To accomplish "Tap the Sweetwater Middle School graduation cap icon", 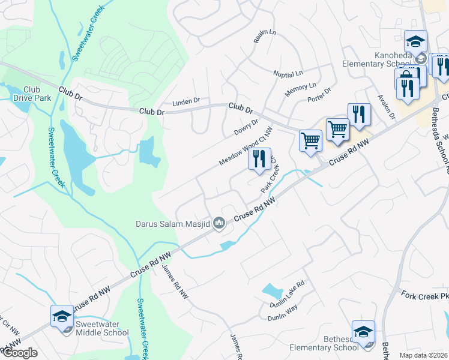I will point(62,316).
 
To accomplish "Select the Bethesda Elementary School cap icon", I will point(363,332).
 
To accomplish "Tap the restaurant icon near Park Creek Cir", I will point(259,160).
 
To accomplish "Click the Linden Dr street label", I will point(186,102).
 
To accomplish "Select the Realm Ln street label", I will point(265,37).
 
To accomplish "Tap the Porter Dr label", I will point(319,95).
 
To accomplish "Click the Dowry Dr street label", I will point(247,127).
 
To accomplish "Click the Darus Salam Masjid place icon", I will point(219,224).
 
